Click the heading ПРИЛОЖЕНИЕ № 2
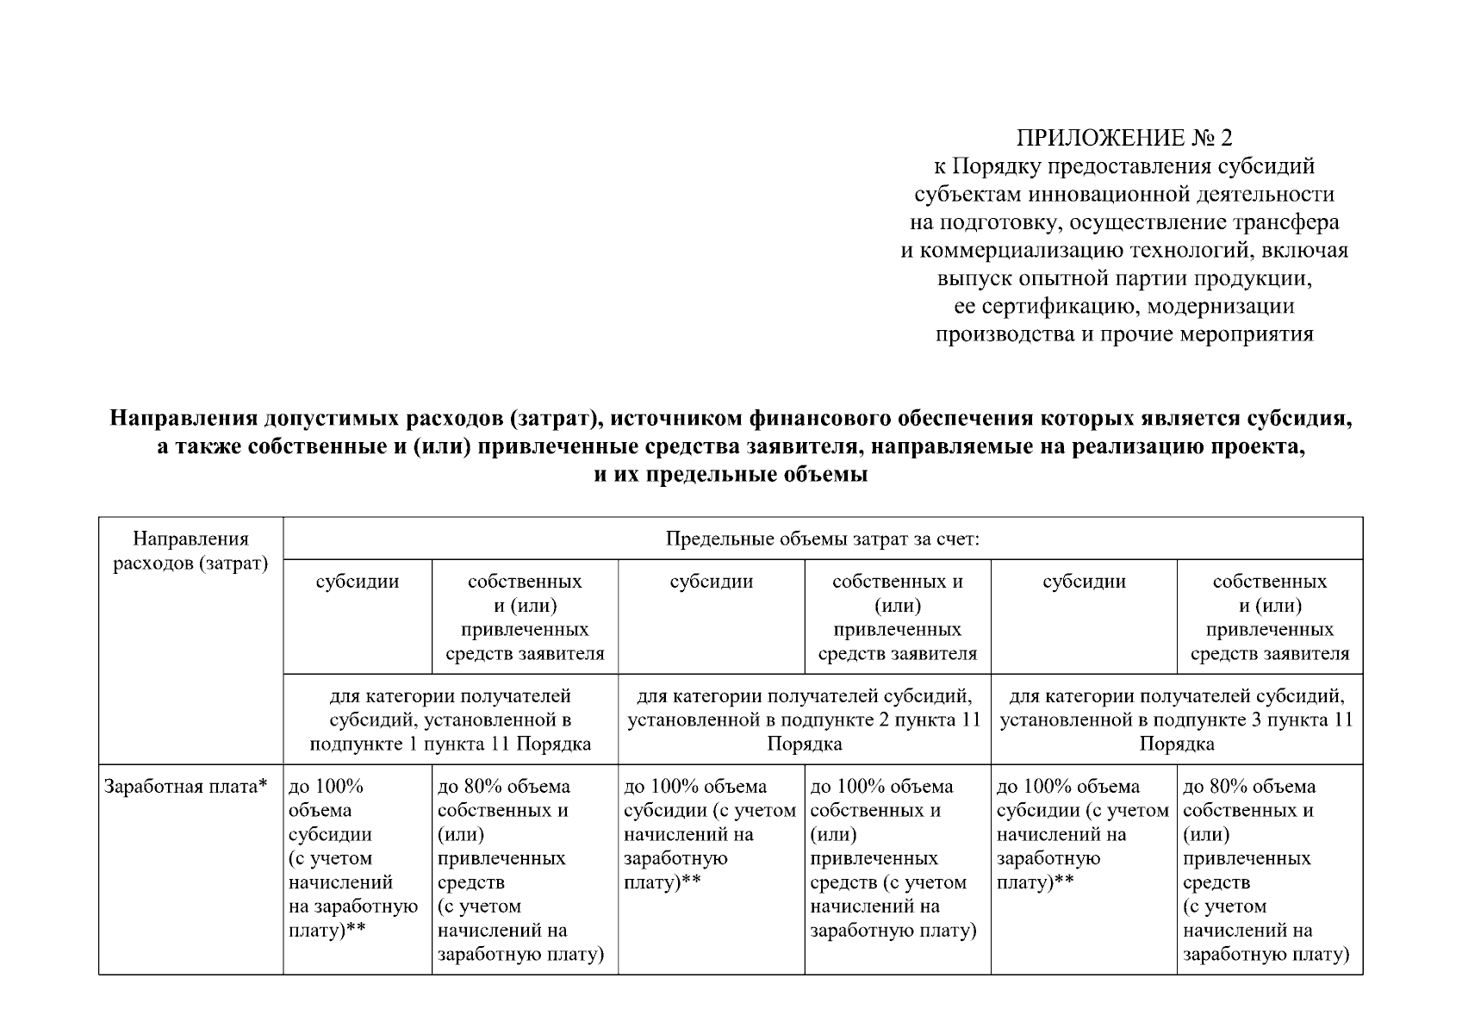click(x=1124, y=138)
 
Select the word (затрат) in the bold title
click(x=550, y=419)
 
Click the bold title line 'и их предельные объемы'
click(x=731, y=474)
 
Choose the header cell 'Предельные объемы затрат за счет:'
click(x=823, y=539)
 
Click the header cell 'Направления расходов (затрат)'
click(x=191, y=551)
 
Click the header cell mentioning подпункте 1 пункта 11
click(x=451, y=719)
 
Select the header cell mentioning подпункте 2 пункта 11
click(x=805, y=719)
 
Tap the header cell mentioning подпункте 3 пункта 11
click(x=1177, y=719)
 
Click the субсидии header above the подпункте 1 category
click(x=358, y=582)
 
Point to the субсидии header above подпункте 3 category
click(x=1084, y=582)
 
